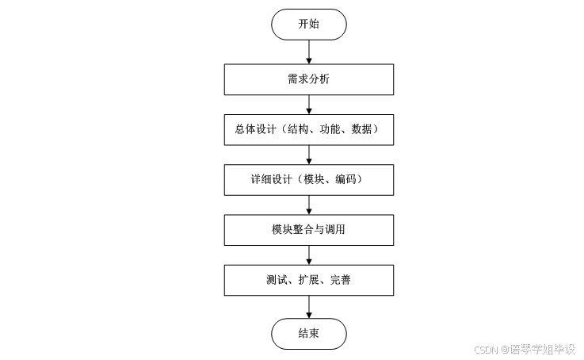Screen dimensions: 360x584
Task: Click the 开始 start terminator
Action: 308,24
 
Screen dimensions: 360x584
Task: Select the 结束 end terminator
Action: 308,333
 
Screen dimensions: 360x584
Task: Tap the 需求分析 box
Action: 308,80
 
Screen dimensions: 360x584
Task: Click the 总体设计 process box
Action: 308,130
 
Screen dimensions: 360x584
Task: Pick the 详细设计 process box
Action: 308,179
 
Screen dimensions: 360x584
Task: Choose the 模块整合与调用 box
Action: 308,229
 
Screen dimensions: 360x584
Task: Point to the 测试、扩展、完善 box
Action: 308,279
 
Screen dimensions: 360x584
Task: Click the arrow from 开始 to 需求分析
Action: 308,52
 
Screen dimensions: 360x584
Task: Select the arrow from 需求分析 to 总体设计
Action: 308,105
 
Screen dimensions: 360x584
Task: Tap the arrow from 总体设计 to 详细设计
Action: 308,155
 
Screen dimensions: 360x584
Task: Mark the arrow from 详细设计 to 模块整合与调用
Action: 308,205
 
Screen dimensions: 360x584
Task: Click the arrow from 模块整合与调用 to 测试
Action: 308,255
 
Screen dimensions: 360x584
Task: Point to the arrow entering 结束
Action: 308,306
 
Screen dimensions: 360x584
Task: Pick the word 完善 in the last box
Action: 340,279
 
